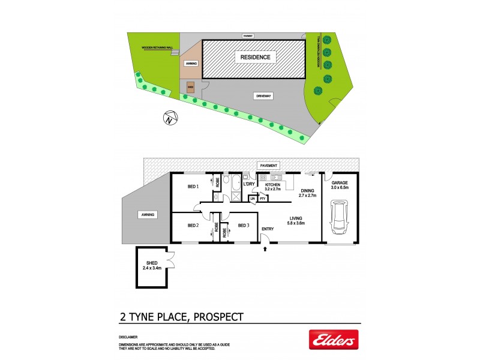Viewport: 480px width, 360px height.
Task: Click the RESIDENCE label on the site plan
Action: coord(256,58)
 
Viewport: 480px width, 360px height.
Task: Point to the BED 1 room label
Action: coord(193,187)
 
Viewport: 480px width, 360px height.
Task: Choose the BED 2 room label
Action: coord(193,226)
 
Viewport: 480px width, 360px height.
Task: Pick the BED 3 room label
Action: coord(243,226)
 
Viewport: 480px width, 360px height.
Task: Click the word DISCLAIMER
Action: coord(128,338)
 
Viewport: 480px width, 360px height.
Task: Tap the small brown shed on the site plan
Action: coord(191,86)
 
